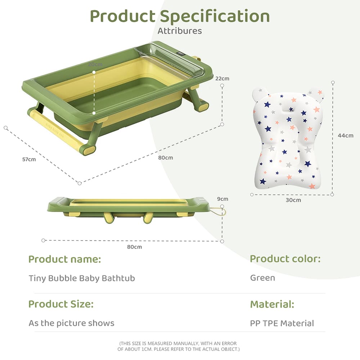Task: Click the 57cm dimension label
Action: [x=29, y=159]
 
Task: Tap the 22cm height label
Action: [x=222, y=78]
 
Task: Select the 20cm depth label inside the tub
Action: [x=95, y=64]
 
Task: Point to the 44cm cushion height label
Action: [x=346, y=135]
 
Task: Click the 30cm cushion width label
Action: [x=293, y=200]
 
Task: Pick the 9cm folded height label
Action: [x=222, y=199]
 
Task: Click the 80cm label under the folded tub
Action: [x=134, y=247]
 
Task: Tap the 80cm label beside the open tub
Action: [x=166, y=157]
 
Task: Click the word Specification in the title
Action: [x=215, y=16]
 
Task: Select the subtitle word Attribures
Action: [x=180, y=31]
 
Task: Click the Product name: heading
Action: [x=65, y=259]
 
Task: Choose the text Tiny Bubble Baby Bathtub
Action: [x=82, y=278]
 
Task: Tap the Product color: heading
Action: [x=285, y=258]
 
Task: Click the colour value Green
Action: [x=262, y=278]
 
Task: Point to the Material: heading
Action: [x=272, y=304]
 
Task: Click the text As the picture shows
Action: [x=71, y=323]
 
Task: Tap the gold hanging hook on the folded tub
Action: [x=219, y=212]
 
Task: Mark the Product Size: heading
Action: [x=61, y=304]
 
